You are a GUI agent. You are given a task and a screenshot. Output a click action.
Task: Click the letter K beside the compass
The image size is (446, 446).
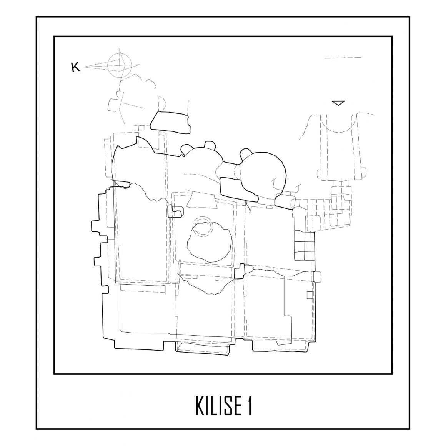[75, 67]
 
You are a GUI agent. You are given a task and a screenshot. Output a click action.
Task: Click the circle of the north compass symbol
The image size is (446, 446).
[118, 65]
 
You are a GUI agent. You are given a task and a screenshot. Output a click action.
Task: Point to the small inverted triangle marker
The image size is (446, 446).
[338, 103]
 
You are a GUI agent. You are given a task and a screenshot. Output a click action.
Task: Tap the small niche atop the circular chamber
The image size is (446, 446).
[245, 154]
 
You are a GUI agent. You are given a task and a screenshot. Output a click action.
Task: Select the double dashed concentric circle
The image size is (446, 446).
[202, 227]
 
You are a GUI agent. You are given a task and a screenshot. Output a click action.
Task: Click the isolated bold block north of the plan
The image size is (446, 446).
[170, 123]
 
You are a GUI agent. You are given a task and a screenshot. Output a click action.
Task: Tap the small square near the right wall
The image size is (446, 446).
[310, 295]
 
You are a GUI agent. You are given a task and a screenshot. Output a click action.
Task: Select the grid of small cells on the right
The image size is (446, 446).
[304, 250]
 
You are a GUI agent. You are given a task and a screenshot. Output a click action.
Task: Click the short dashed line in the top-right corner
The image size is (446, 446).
[343, 58]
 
